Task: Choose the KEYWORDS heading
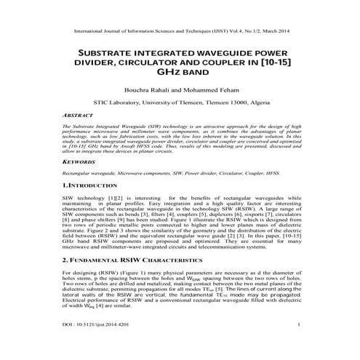[81, 164]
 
